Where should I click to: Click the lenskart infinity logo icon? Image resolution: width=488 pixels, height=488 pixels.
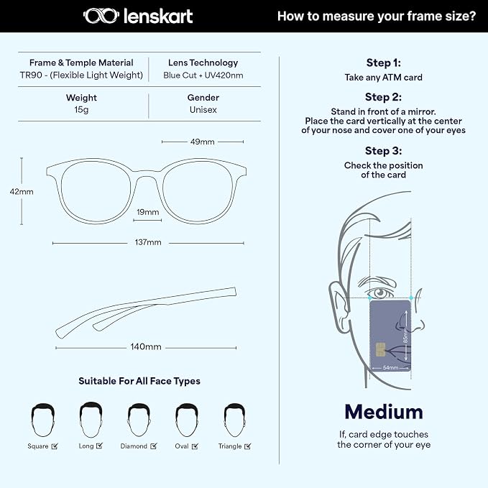coord(101,16)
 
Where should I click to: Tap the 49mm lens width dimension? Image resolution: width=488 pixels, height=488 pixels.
coord(202,142)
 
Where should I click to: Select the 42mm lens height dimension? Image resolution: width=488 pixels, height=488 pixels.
coord(22,192)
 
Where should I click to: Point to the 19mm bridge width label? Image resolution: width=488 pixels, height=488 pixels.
coord(148,212)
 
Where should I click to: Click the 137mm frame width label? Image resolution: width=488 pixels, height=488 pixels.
coord(148,242)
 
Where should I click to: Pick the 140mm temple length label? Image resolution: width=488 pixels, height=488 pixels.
coord(146,346)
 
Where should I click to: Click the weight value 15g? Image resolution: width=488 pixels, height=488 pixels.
coord(81,110)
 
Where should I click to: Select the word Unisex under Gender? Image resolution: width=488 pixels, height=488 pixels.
coord(203,110)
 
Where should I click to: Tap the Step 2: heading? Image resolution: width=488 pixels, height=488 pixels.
coord(384,97)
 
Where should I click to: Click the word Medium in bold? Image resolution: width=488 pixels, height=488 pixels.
coord(384,412)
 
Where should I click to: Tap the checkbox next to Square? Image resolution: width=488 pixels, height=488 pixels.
coord(55,446)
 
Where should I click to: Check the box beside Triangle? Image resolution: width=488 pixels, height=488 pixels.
coord(248,446)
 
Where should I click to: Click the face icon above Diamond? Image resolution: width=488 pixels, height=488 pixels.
coord(139,420)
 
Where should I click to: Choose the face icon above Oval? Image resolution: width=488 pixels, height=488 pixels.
coord(187,420)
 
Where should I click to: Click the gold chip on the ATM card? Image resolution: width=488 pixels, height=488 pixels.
coord(380,350)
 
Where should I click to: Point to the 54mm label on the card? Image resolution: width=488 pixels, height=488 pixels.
coord(390,367)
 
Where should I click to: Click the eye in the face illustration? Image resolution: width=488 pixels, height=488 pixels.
coord(379,293)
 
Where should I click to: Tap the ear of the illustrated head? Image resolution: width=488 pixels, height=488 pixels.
coord(339,302)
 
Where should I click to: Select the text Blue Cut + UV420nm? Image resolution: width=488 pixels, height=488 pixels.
coord(203,75)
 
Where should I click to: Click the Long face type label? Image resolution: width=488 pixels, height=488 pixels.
coord(86,446)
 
